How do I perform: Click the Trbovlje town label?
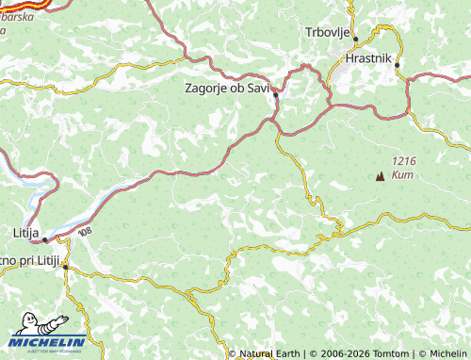coord(327,32)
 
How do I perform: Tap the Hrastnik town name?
coord(368,56)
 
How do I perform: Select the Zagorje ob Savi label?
coord(226,88)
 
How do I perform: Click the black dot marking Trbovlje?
coord(355,39)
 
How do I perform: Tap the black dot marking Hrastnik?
coord(398,65)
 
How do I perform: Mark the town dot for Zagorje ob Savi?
coord(275,95)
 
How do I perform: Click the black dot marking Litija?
coord(43,240)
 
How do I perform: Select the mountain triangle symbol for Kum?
coord(381,175)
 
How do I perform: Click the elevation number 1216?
coord(405,162)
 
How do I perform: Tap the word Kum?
coord(403,175)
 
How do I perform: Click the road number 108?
coord(86,231)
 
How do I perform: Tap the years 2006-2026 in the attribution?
coord(341,353)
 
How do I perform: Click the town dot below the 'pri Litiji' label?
coord(65,268)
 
